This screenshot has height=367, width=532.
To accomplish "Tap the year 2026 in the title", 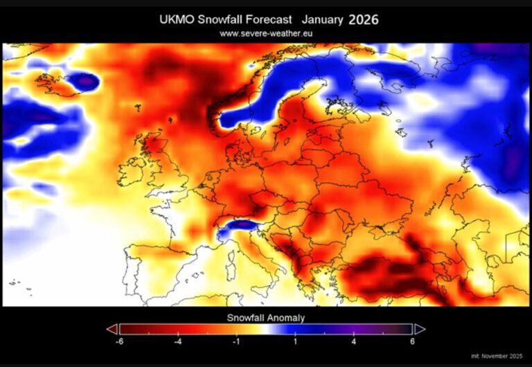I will coord(363,19).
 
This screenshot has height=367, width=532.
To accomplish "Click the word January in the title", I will coord(321,20).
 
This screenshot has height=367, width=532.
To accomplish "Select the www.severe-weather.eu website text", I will coord(266,33).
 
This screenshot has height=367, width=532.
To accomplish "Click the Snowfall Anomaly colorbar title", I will coord(266,317).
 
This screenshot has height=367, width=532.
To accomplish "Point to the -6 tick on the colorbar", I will coord(120,341).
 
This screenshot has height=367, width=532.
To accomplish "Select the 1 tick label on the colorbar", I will coord(295,341).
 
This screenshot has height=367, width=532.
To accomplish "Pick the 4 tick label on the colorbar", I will coord(354,341).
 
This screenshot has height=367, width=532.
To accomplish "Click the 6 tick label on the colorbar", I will coord(413,341).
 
